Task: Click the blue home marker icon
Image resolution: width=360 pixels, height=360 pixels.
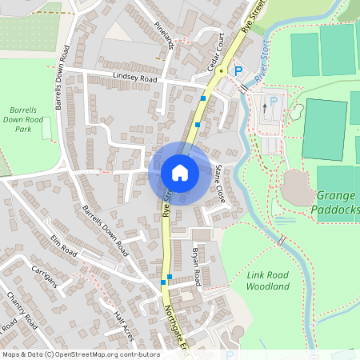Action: [180, 173]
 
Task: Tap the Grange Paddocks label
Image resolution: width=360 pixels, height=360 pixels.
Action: [336, 202]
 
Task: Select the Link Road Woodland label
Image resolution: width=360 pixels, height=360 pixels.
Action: [267, 280]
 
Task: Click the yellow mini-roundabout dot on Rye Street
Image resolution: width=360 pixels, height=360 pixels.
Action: [219, 70]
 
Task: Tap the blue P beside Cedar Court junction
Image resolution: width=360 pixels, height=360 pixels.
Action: [238, 71]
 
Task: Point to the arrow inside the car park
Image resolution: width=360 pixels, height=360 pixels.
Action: [265, 107]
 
